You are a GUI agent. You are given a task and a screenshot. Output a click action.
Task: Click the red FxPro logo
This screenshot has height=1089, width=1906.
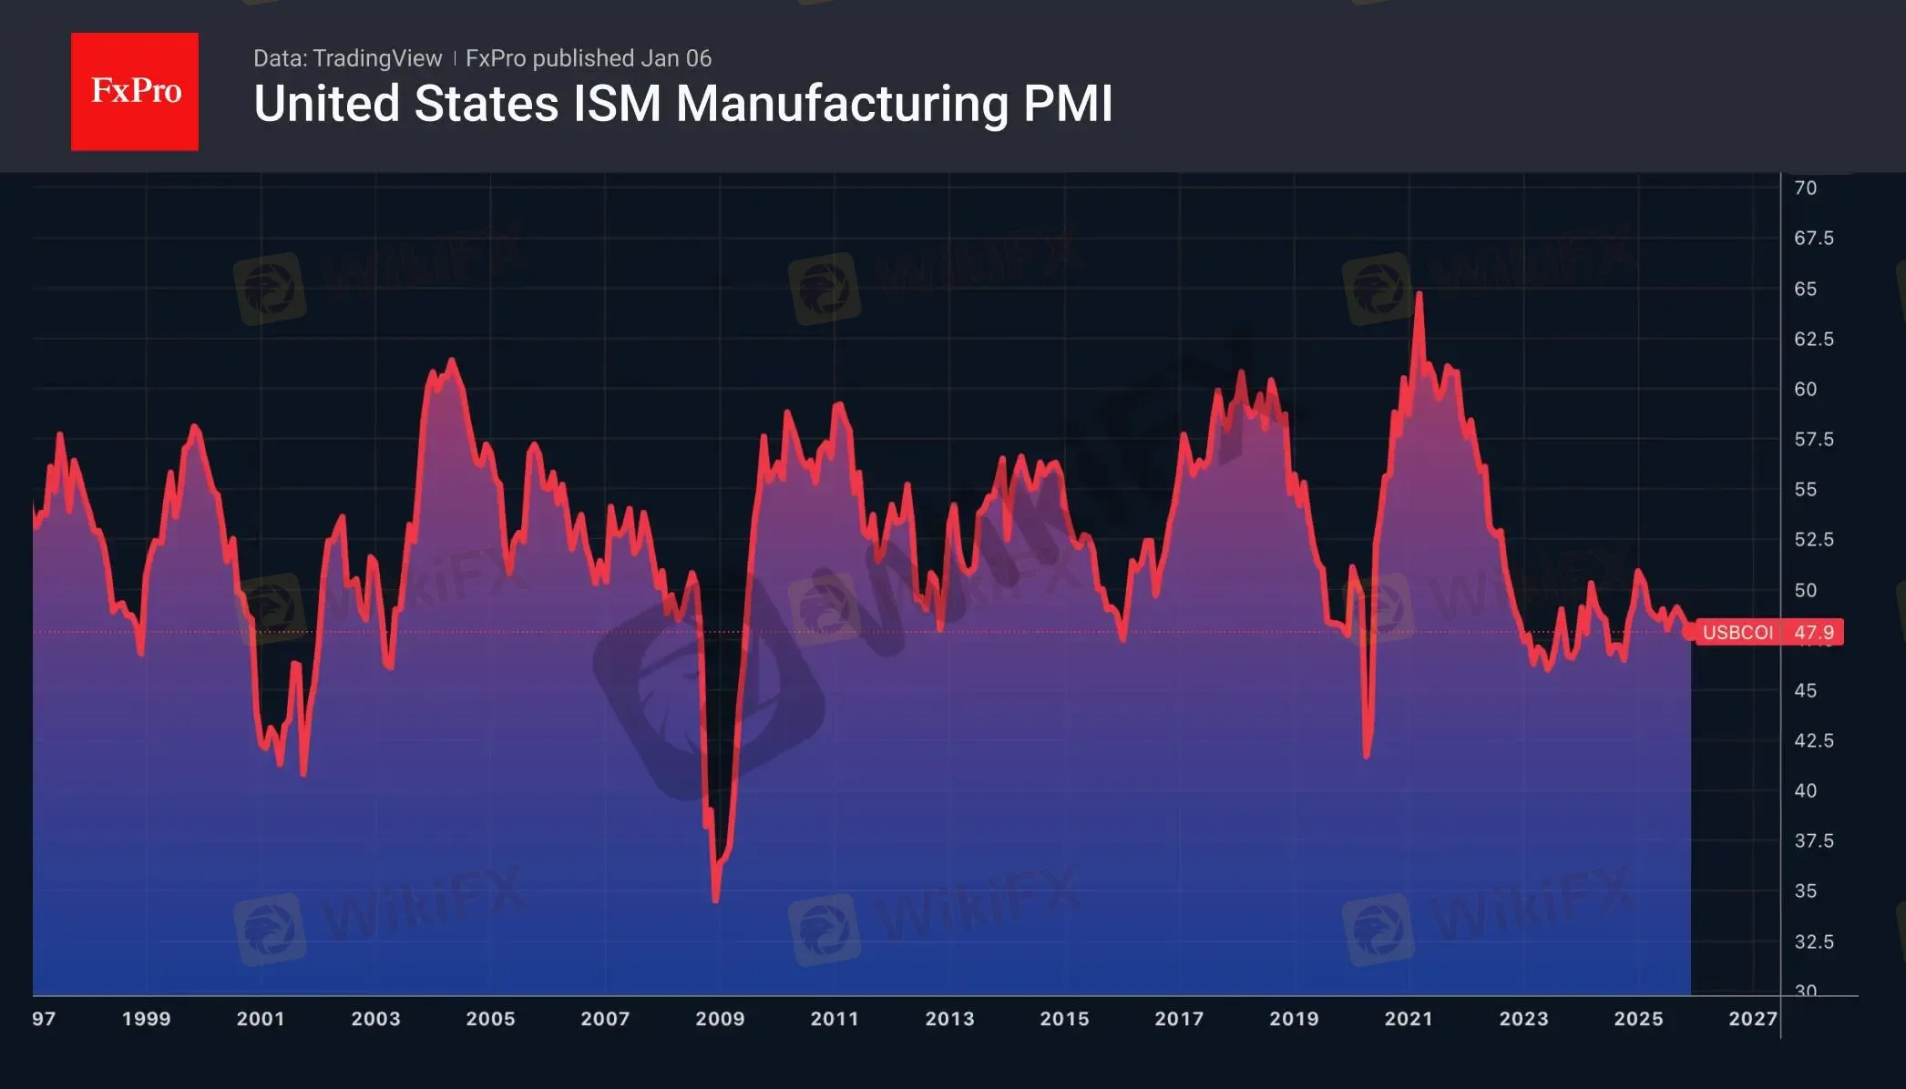pyautogui.click(x=135, y=91)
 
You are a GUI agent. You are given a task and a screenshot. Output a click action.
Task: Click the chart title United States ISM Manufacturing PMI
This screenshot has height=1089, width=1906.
pyautogui.click(x=682, y=104)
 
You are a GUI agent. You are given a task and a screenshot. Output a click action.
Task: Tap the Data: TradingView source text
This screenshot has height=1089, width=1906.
pyautogui.click(x=347, y=58)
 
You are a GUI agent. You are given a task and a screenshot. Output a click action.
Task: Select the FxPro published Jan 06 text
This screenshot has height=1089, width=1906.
pyautogui.click(x=589, y=58)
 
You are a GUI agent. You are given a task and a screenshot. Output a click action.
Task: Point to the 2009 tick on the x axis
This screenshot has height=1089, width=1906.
pyautogui.click(x=720, y=1019)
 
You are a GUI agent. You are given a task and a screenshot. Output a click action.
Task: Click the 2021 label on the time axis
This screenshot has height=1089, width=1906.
pyautogui.click(x=1409, y=1019)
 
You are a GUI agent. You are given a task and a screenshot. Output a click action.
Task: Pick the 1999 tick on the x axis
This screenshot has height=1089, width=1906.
pyautogui.click(x=146, y=1019)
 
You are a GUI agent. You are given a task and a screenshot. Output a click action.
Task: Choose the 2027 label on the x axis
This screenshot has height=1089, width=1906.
pyautogui.click(x=1753, y=1019)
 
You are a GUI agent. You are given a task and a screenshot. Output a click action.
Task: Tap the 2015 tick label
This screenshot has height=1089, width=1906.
pyautogui.click(x=1064, y=1019)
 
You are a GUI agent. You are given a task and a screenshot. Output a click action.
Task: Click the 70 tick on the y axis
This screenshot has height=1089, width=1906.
pyautogui.click(x=1805, y=188)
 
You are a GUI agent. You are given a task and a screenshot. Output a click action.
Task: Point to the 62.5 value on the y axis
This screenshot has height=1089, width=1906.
pyautogui.click(x=1813, y=340)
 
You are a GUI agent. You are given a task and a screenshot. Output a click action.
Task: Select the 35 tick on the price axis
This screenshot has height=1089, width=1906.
pyautogui.click(x=1805, y=891)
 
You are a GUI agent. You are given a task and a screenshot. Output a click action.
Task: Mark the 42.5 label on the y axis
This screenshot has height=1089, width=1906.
pyautogui.click(x=1813, y=741)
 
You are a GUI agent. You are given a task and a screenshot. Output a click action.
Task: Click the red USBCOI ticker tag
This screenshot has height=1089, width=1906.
pyautogui.click(x=1737, y=633)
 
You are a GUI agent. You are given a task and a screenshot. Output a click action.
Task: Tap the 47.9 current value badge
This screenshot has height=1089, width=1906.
pyautogui.click(x=1814, y=633)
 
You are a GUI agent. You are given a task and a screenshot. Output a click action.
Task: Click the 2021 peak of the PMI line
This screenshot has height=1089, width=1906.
pyautogui.click(x=1419, y=294)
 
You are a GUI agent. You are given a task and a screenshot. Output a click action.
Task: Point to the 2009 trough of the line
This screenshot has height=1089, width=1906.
pyautogui.click(x=716, y=901)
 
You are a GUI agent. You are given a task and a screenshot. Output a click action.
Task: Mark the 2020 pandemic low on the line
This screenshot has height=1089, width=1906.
pyautogui.click(x=1367, y=756)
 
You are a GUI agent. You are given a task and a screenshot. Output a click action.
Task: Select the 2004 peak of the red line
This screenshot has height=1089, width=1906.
pyautogui.click(x=452, y=361)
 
